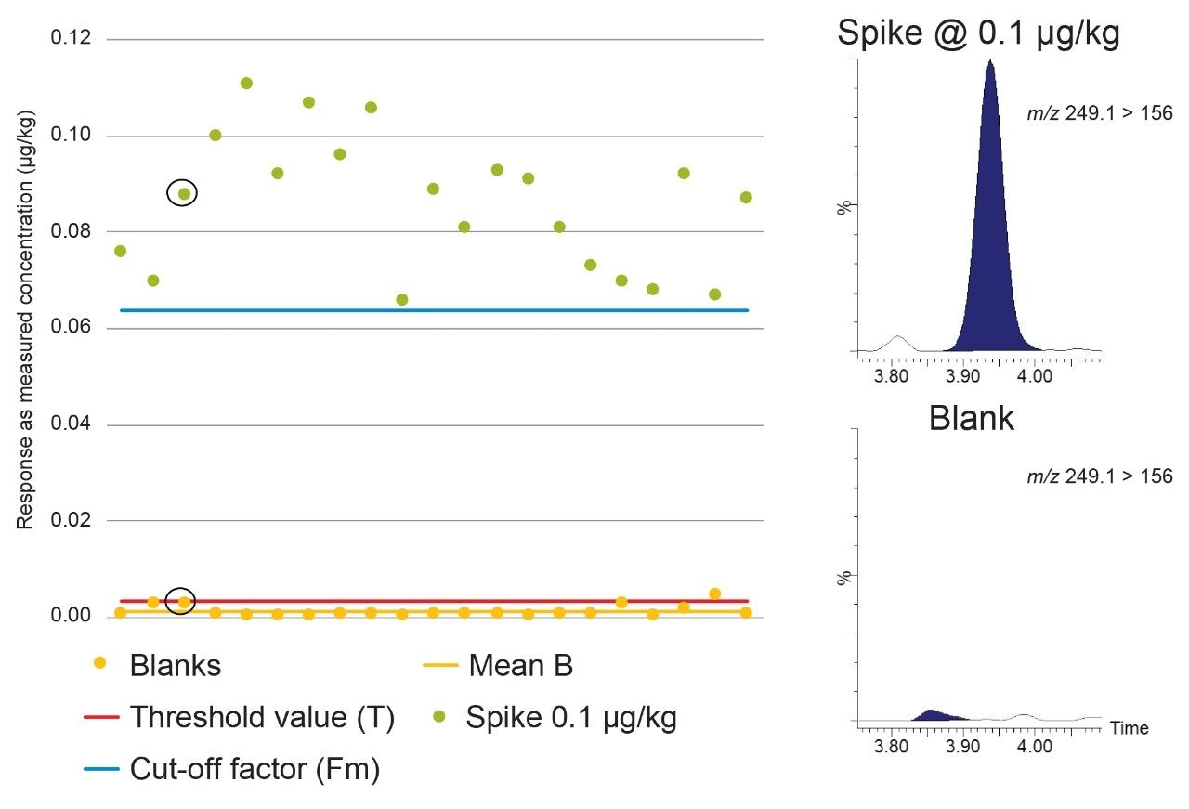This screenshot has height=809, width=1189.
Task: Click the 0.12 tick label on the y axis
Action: pyautogui.click(x=71, y=39)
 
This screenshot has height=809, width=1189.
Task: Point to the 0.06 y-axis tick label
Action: pyautogui.click(x=71, y=329)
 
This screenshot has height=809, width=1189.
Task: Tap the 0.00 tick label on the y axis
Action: pyautogui.click(x=71, y=616)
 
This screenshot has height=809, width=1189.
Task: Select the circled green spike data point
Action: pyautogui.click(x=184, y=194)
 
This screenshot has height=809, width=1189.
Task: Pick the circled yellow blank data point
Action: pyautogui.click(x=184, y=602)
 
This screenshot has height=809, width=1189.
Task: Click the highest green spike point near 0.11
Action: pyautogui.click(x=246, y=84)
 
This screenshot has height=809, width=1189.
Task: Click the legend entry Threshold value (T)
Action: pyautogui.click(x=262, y=718)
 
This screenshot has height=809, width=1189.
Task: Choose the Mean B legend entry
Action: pyautogui.click(x=520, y=665)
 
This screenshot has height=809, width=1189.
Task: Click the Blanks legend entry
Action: pyautogui.click(x=175, y=665)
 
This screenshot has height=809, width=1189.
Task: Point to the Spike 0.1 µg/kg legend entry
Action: pyautogui.click(x=570, y=718)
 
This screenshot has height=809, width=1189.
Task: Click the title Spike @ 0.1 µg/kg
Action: pyautogui.click(x=978, y=34)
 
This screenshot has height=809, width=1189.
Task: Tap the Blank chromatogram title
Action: pyautogui.click(x=971, y=420)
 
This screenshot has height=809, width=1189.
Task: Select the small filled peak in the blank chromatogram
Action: pyautogui.click(x=933, y=715)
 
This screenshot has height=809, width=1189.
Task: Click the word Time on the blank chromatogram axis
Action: pyautogui.click(x=1129, y=728)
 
